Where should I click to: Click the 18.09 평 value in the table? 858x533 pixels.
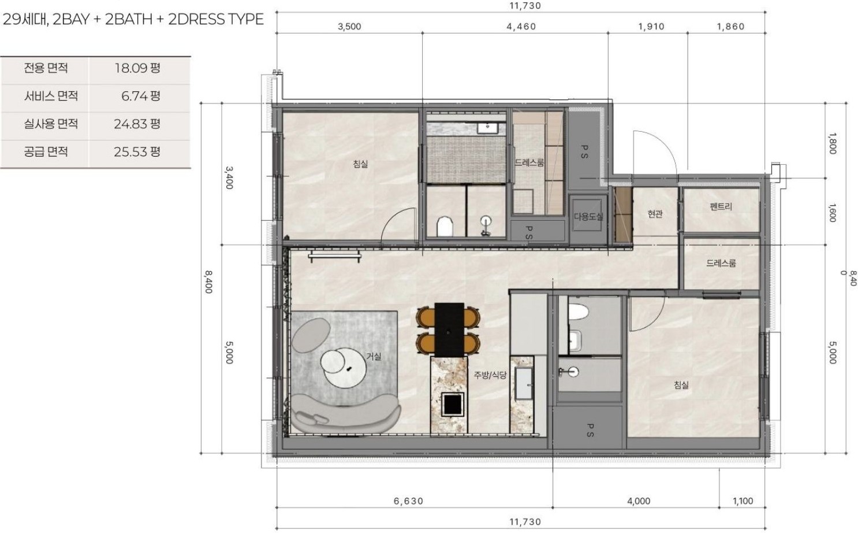tap(137, 68)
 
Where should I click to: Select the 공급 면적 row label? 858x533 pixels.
tap(46, 152)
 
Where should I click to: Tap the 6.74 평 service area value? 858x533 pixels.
tap(140, 96)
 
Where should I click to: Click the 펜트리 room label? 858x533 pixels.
tap(721, 207)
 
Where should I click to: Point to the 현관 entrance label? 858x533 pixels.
tap(655, 214)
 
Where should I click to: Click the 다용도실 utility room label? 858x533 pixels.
tap(589, 217)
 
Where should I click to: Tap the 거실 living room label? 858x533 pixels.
tap(374, 356)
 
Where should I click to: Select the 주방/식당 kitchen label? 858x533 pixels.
tap(490, 375)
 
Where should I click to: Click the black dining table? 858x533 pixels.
tap(449, 330)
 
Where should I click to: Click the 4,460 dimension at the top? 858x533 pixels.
tap(521, 27)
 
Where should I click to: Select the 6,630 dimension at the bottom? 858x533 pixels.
tap(408, 501)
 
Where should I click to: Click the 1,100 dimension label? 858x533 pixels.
tap(743, 501)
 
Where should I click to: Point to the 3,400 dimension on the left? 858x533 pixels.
tap(229, 177)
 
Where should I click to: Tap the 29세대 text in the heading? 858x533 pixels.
tap(25, 20)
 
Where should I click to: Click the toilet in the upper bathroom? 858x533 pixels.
tap(445, 226)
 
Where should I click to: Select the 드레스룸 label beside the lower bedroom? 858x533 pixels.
tap(721, 263)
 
